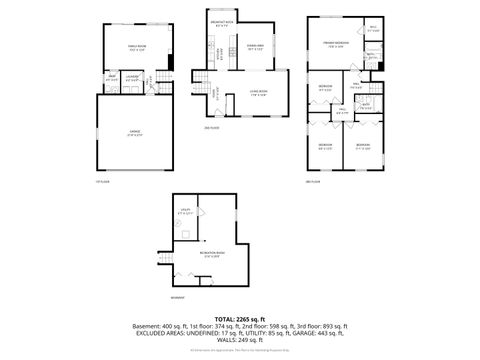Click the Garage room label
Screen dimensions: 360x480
[135, 135]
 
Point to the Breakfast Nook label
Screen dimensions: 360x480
[222, 23]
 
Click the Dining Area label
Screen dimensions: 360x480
[255, 47]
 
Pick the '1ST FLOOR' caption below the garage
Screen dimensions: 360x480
[100, 181]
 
